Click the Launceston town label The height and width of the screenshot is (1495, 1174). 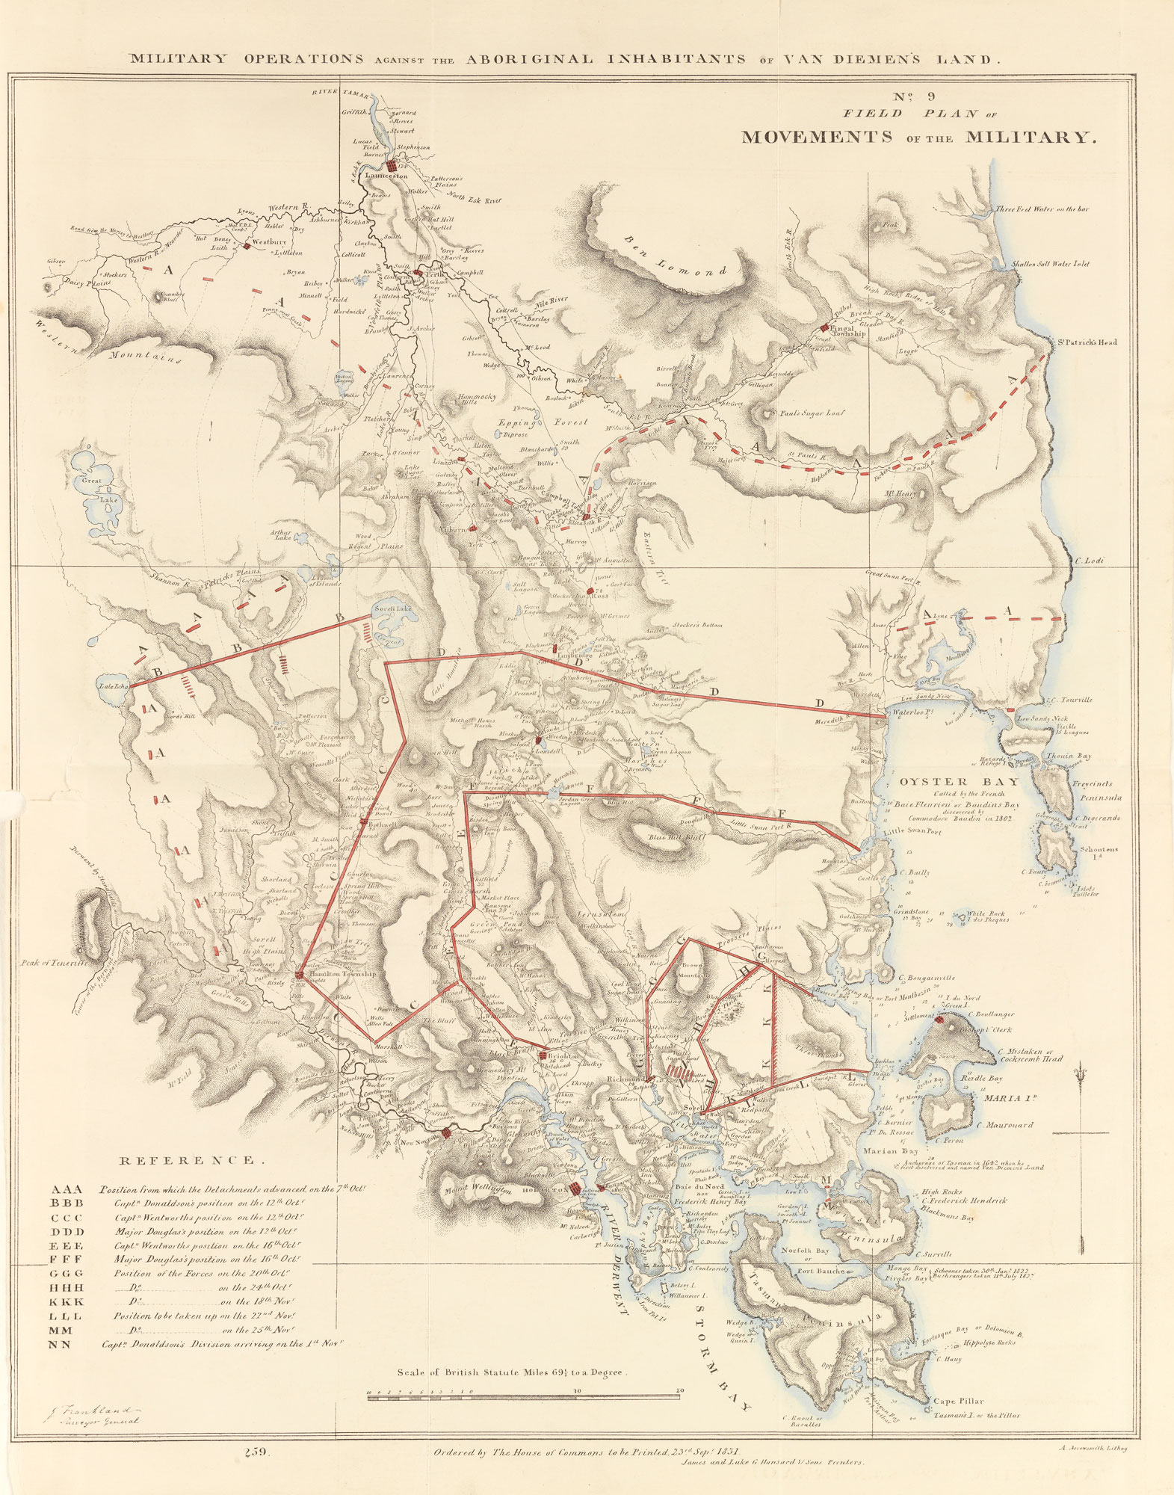[x=386, y=176]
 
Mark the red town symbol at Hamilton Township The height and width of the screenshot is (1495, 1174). [x=299, y=974]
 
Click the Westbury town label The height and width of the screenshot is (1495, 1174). [x=270, y=243]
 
